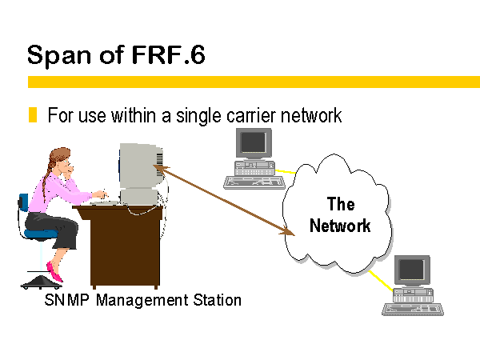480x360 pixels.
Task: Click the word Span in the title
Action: (x=59, y=55)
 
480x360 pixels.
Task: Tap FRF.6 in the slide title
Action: (x=168, y=54)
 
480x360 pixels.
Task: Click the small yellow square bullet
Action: (x=33, y=114)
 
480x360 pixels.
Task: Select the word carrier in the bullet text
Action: (x=251, y=116)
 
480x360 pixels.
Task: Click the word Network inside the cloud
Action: (x=340, y=226)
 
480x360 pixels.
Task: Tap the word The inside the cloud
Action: (x=341, y=203)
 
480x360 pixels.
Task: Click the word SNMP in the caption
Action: (x=66, y=300)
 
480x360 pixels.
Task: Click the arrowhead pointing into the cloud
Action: (x=287, y=231)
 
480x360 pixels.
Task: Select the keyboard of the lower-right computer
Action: (x=413, y=309)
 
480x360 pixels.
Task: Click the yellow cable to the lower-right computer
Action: (x=381, y=281)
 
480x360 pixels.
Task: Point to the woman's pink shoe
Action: (x=54, y=271)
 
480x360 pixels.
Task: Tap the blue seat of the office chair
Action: (x=41, y=234)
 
